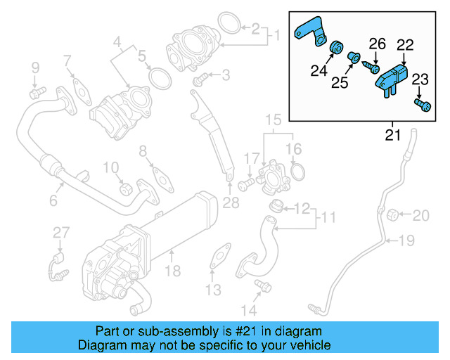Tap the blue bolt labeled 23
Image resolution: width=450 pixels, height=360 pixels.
click(x=423, y=105)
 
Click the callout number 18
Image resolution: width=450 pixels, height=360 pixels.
click(x=173, y=271)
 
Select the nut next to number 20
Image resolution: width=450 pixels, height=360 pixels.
click(x=394, y=214)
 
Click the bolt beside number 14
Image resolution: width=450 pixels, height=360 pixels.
click(x=264, y=285)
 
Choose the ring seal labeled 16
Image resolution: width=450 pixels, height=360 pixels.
click(x=297, y=171)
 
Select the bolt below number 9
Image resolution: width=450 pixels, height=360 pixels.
click(x=37, y=91)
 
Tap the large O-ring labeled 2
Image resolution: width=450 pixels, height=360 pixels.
click(x=227, y=22)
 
